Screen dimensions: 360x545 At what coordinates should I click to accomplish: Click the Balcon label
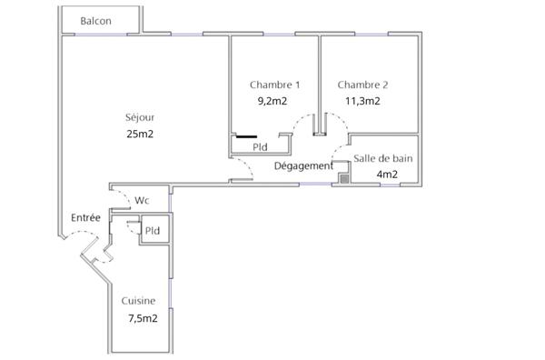[95, 21]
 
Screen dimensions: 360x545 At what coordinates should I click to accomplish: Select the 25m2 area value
[140, 134]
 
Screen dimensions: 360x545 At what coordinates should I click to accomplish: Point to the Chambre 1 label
[274, 85]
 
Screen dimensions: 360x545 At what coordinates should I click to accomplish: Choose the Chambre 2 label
[362, 85]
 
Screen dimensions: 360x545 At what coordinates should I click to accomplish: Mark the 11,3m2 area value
[362, 101]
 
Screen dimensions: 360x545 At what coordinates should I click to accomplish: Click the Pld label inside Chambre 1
[260, 146]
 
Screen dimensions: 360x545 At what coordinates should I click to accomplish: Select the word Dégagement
[303, 165]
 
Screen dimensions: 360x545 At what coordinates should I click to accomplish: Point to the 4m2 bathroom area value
[386, 175]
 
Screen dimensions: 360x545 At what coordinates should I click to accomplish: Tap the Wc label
[143, 200]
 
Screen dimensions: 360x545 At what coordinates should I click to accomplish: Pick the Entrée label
[85, 218]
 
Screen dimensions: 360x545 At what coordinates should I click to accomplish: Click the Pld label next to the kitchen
[153, 231]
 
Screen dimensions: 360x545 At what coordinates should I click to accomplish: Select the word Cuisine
[138, 301]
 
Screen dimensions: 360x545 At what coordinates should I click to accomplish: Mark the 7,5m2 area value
[143, 318]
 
